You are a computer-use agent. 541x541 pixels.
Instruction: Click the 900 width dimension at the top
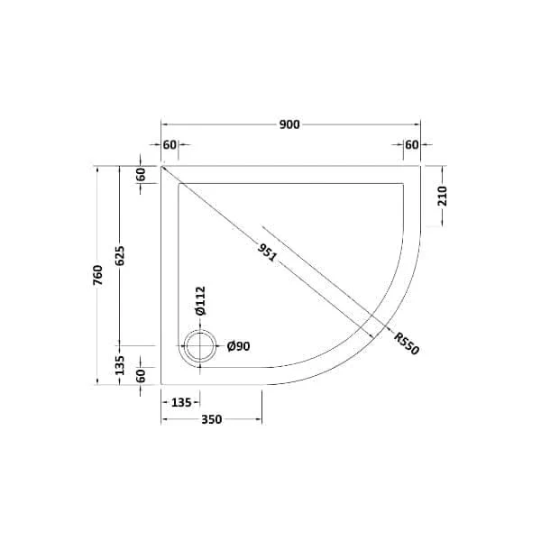(x=289, y=124)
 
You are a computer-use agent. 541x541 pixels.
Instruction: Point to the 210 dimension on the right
(x=442, y=196)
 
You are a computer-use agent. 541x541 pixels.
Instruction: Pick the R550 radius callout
(x=407, y=344)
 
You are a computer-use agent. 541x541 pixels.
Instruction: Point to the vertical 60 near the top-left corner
(x=141, y=175)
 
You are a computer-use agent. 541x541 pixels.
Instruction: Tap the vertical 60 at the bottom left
(x=141, y=376)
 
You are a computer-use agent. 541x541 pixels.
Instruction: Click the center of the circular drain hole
(x=199, y=346)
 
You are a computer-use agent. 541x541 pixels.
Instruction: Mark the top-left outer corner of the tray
(x=161, y=166)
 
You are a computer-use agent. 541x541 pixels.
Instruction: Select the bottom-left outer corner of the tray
(x=161, y=385)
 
